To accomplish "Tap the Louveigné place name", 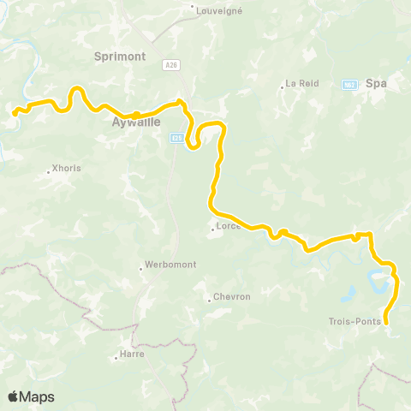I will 220,10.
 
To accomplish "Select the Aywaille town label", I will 135,122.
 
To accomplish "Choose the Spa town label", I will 377,84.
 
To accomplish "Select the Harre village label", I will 133,354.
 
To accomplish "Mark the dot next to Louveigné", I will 193,10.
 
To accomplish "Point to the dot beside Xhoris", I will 48,170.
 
